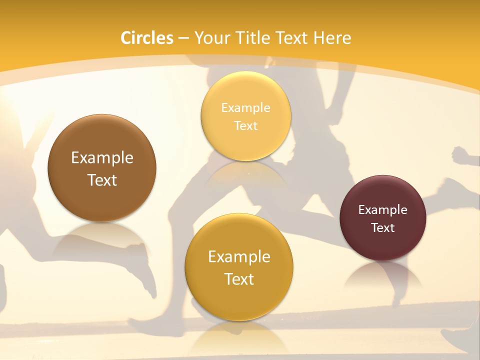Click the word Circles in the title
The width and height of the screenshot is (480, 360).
coord(147,38)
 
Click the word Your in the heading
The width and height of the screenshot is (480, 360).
coord(212,38)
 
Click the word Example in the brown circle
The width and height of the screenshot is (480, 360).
coord(102,158)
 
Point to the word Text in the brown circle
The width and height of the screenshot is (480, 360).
coord(102,180)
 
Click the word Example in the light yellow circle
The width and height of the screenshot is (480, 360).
coord(245,108)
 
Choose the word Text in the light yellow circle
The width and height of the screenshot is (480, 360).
coord(245,125)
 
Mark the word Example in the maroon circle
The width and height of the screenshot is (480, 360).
coord(383,210)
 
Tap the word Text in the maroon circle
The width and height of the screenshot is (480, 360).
coord(383,227)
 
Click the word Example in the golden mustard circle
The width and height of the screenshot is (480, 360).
coord(239,257)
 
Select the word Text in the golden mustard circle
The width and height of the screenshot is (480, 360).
coord(239,279)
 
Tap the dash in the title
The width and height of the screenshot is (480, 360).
coord(183,38)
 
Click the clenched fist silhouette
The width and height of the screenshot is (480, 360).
coord(461,156)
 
